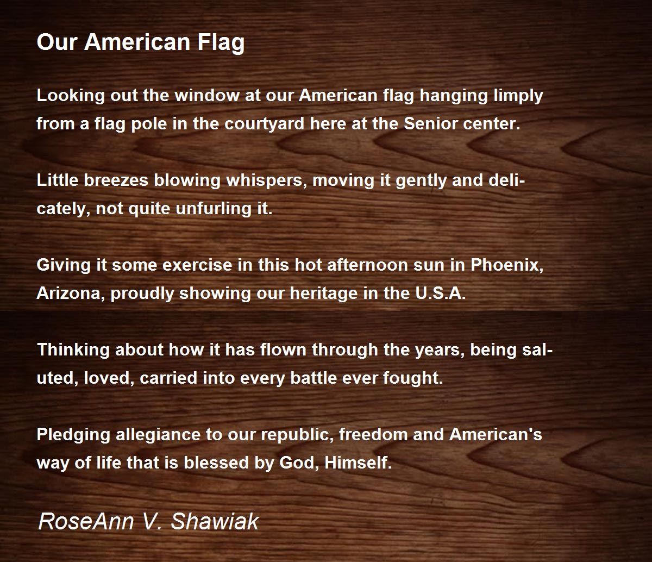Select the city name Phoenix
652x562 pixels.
click(506, 266)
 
